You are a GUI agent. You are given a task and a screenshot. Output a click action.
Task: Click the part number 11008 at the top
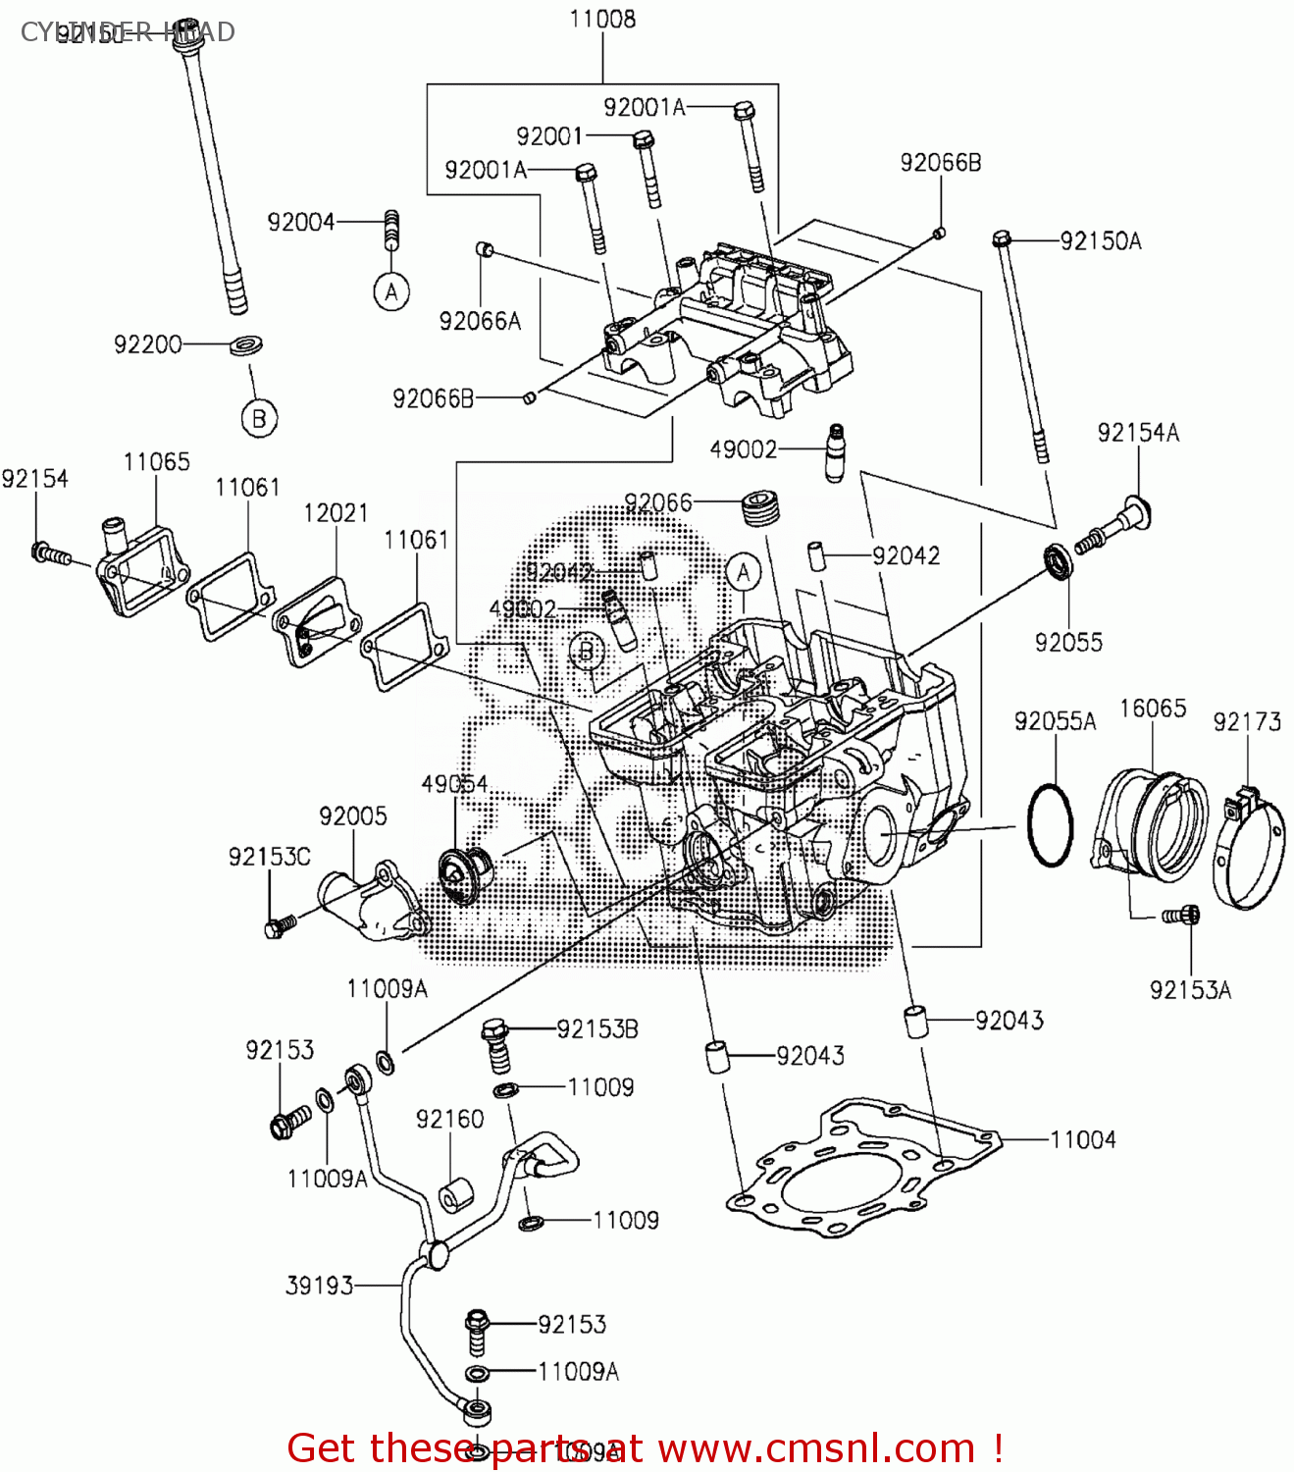(x=602, y=19)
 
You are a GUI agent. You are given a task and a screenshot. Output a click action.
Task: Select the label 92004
(x=301, y=223)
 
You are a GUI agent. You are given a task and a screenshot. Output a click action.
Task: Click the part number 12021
(x=336, y=513)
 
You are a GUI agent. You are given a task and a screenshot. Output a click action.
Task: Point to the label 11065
(x=157, y=462)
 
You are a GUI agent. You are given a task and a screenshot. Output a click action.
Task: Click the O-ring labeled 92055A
(x=1050, y=825)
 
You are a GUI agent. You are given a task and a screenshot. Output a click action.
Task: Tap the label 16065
(x=1153, y=709)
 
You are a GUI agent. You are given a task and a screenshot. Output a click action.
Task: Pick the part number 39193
(x=319, y=1286)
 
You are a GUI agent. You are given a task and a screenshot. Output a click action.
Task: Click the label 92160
(x=449, y=1120)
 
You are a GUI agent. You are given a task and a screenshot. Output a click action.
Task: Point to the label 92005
(x=352, y=816)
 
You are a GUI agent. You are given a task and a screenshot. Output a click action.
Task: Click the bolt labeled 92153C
(x=278, y=925)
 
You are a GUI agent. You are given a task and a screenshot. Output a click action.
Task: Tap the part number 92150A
(x=1101, y=241)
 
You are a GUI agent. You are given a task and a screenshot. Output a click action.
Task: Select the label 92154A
(x=1138, y=433)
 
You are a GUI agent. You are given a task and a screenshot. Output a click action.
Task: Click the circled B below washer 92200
(x=259, y=419)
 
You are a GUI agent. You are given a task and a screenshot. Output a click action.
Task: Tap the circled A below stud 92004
(x=391, y=292)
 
